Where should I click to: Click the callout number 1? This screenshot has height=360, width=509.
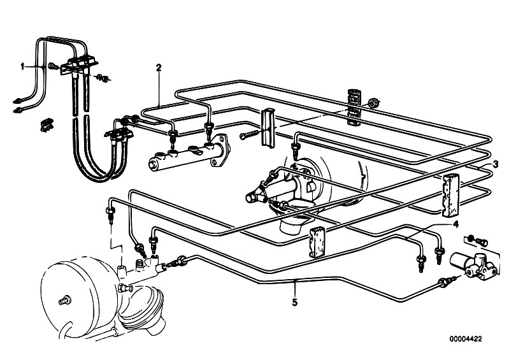pyautogui.click(x=22, y=66)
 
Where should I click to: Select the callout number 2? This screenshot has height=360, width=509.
pyautogui.click(x=159, y=68)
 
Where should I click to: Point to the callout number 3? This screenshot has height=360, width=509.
pyautogui.click(x=496, y=164)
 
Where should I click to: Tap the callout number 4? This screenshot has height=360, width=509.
pyautogui.click(x=455, y=224)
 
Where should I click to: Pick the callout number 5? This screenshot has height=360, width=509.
pyautogui.click(x=294, y=303)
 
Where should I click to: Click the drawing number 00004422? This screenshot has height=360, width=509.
pyautogui.click(x=466, y=339)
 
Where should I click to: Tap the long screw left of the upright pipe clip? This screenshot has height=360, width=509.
pyautogui.click(x=250, y=134)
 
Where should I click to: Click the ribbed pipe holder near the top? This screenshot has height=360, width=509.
pyautogui.click(x=354, y=106)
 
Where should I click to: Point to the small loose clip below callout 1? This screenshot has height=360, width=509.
pyautogui.click(x=47, y=125)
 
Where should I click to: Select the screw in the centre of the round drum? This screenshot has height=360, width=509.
pyautogui.click(x=65, y=301)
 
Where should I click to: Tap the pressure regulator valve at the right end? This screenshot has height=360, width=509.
pyautogui.click(x=473, y=264)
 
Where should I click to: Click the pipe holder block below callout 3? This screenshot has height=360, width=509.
pyautogui.click(x=450, y=195)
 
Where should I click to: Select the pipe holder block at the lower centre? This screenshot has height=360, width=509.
pyautogui.click(x=317, y=242)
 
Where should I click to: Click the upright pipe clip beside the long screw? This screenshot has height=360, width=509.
pyautogui.click(x=268, y=128)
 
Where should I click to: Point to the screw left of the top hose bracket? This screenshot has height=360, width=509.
pyautogui.click(x=54, y=66)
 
